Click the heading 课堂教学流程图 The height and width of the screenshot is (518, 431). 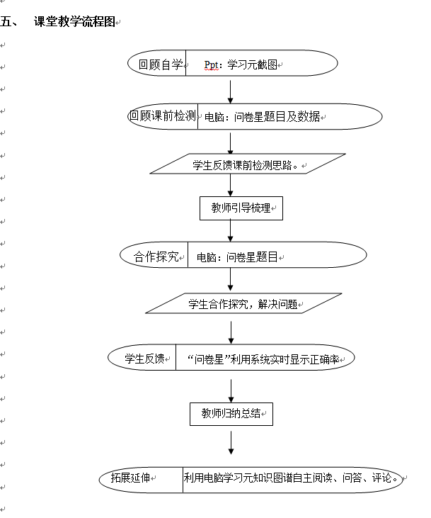pos(74,22)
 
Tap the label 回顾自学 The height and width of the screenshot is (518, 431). pos(161,64)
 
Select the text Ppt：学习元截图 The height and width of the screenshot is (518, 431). pos(241,64)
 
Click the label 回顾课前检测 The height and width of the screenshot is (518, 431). pos(163,116)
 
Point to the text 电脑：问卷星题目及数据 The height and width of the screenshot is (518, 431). pos(263,117)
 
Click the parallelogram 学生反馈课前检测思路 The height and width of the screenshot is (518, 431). pos(248,164)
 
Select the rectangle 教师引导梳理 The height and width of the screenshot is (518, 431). pos(241,208)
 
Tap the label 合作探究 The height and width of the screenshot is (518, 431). pos(156,257)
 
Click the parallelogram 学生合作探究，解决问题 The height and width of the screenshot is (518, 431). pos(243,303)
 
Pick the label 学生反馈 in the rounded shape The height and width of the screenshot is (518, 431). pos(144,359)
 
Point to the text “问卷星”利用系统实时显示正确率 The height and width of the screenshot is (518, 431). pos(263,359)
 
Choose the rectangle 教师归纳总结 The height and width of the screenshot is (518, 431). pos(231,414)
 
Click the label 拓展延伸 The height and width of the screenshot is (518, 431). pos(130,478)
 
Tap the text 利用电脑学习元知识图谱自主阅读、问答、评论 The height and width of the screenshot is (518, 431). pos(291,478)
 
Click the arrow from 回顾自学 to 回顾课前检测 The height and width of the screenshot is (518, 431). pos(230,92)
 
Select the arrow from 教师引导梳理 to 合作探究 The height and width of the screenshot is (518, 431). pos(230,231)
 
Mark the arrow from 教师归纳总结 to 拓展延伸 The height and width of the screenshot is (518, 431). pos(231,443)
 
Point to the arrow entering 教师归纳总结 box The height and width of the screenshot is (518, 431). pos(231,391)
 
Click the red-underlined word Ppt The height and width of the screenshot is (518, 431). pos(211,64)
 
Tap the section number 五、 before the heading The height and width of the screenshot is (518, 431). pos(9,22)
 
